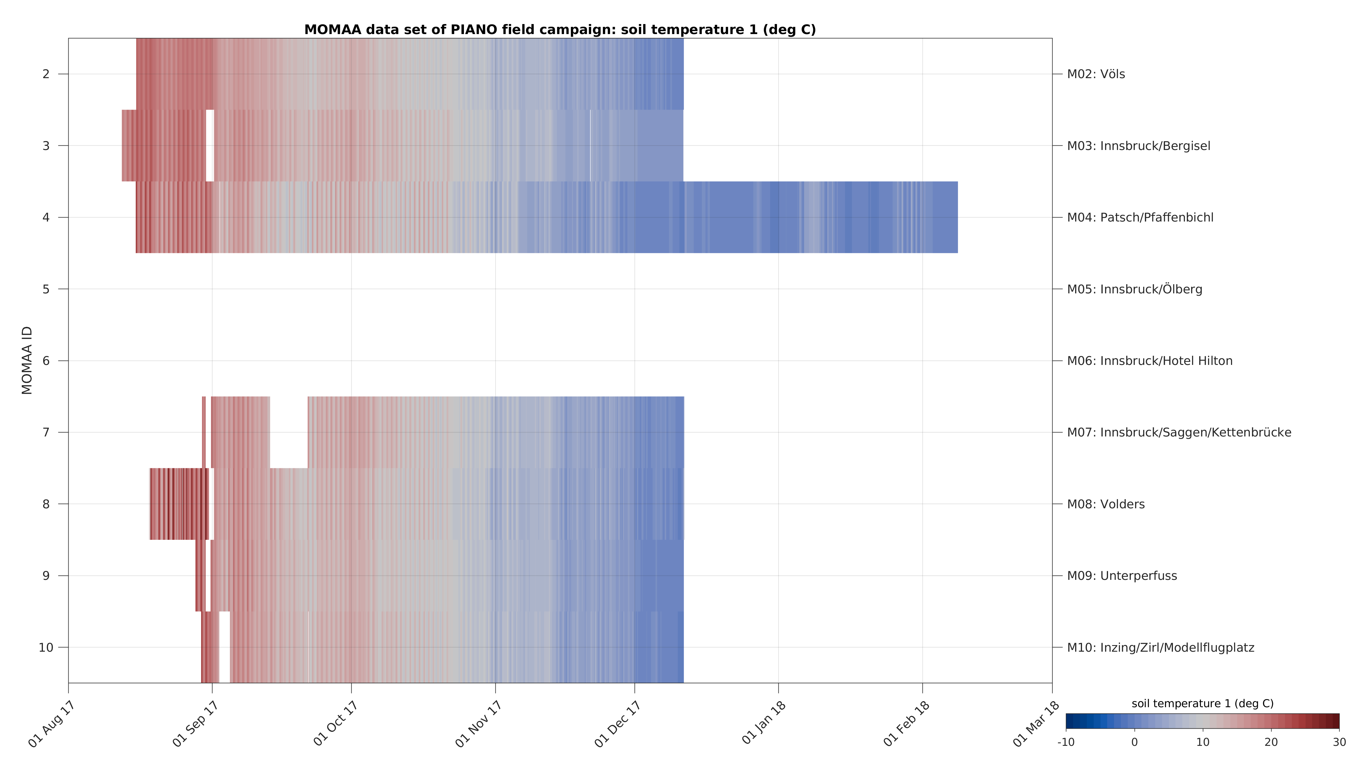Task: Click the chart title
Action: pyautogui.click(x=560, y=30)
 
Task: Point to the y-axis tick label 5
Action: pyautogui.click(x=46, y=289)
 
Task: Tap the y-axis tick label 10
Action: pyautogui.click(x=46, y=647)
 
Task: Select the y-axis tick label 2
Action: pyautogui.click(x=46, y=74)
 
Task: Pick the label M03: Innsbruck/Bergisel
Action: pyautogui.click(x=1138, y=146)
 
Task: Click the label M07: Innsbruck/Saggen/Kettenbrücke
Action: pyautogui.click(x=1179, y=432)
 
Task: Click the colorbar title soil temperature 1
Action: pyautogui.click(x=1202, y=704)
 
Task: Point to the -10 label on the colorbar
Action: pyautogui.click(x=1066, y=742)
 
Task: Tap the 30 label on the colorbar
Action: pyautogui.click(x=1339, y=742)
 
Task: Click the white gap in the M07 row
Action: pyautogui.click(x=289, y=432)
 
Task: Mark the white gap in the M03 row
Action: pyautogui.click(x=210, y=146)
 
